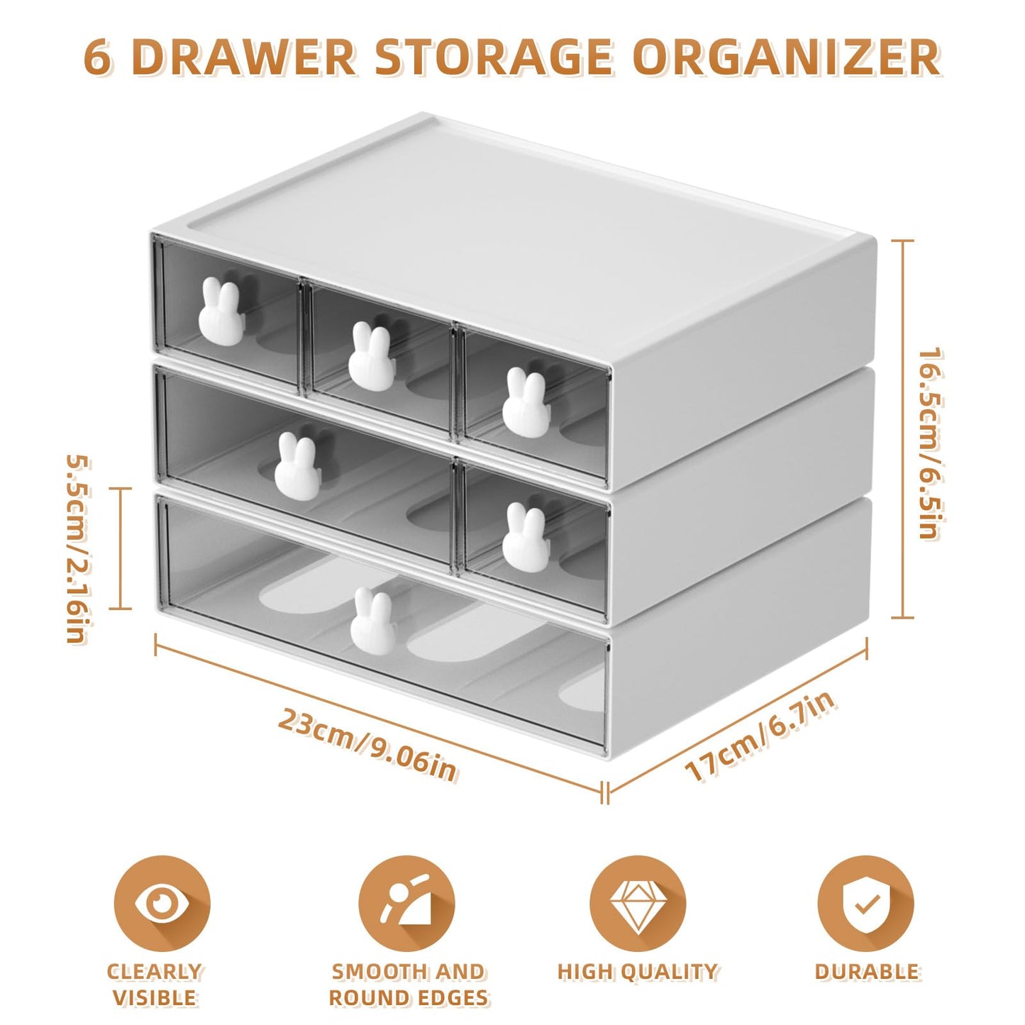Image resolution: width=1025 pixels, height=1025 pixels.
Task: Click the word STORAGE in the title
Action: point(492,57)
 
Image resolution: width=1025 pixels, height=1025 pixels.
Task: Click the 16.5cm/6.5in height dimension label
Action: point(929,443)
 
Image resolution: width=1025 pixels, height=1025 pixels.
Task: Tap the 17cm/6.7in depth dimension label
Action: point(760,736)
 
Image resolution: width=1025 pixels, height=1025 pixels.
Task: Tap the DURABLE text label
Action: point(866,971)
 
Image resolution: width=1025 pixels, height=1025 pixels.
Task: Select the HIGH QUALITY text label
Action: point(637,971)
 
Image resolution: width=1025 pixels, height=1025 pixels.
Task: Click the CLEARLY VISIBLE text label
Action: point(155,984)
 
